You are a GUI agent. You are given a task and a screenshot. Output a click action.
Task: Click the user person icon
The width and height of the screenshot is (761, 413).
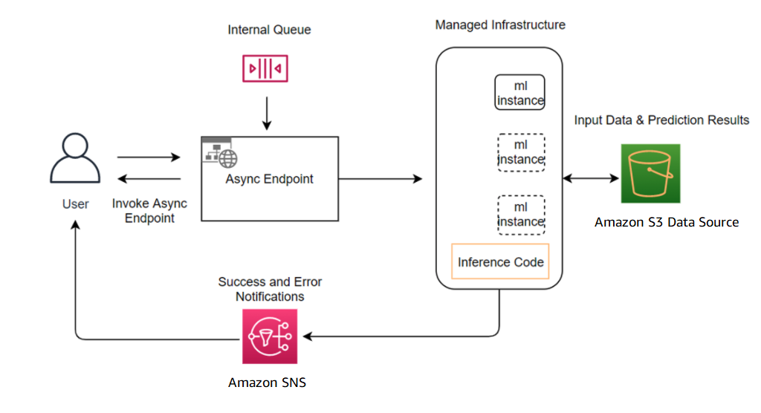75,158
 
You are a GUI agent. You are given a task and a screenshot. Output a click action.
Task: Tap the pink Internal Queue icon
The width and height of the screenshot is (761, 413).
265,68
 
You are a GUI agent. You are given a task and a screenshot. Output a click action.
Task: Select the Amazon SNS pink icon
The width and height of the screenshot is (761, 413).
270,336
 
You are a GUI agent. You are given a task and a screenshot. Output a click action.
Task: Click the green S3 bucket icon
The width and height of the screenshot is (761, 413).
650,173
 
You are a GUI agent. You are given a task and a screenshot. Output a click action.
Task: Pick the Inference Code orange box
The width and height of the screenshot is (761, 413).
500,261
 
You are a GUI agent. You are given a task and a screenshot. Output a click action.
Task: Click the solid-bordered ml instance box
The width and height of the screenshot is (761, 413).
519,92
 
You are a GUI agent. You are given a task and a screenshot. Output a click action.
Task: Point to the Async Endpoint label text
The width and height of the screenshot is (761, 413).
269,179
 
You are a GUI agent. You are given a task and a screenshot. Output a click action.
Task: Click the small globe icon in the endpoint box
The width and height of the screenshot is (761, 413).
227,158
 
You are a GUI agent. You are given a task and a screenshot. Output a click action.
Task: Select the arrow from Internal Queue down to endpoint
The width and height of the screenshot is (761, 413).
267,114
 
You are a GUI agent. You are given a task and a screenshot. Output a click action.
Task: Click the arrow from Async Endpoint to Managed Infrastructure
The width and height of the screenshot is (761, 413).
380,178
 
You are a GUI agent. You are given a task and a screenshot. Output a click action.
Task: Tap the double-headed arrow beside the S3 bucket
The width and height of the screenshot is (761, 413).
591,178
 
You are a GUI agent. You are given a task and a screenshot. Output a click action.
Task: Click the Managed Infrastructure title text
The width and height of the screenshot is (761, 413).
500,25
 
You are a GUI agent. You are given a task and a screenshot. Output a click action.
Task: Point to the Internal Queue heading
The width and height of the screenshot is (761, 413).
269,30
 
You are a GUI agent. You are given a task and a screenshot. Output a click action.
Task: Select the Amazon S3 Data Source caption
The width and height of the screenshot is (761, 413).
667,222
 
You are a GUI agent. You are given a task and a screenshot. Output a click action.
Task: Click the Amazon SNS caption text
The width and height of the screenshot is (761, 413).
267,383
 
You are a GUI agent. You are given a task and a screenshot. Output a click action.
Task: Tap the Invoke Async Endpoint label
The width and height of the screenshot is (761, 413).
149,211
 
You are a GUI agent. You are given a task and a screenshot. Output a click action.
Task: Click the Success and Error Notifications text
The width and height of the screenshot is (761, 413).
270,289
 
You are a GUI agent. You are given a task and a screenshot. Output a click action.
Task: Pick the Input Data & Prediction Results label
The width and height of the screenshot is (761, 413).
661,120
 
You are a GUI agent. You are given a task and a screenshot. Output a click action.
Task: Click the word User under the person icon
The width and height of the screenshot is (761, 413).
75,204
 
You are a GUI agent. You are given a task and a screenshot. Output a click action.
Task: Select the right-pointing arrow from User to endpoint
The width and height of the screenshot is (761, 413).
149,157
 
